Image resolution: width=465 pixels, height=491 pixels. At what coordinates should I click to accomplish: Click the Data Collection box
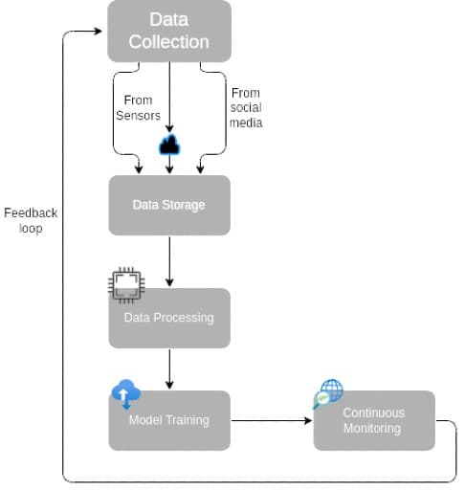pyautogui.click(x=168, y=31)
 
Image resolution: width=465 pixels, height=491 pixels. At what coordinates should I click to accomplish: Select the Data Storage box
pyautogui.click(x=168, y=205)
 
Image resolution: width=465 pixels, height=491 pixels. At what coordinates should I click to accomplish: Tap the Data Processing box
pyautogui.click(x=169, y=319)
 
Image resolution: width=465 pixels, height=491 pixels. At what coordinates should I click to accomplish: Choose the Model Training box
pyautogui.click(x=169, y=421)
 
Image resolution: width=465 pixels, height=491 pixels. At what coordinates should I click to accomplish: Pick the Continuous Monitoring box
pyautogui.click(x=374, y=421)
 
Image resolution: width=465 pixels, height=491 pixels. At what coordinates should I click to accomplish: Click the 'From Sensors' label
pyautogui.click(x=137, y=107)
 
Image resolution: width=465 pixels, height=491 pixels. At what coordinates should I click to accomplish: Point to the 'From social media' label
pyautogui.click(x=246, y=107)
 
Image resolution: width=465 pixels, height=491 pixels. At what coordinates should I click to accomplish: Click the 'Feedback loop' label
pyautogui.click(x=31, y=220)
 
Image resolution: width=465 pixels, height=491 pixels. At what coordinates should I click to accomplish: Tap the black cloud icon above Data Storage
pyautogui.click(x=169, y=145)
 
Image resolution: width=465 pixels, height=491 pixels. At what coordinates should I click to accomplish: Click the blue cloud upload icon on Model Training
pyautogui.click(x=125, y=392)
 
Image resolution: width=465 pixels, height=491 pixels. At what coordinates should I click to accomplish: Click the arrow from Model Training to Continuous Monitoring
pyautogui.click(x=272, y=420)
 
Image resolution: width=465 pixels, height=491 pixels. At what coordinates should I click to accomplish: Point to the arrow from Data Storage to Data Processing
pyautogui.click(x=169, y=260)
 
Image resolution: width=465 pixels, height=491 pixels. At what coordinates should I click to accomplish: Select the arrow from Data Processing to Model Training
pyautogui.click(x=169, y=368)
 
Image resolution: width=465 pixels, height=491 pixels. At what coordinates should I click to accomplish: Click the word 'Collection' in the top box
pyautogui.click(x=169, y=42)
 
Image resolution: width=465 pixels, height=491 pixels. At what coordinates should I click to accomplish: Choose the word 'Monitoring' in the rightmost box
pyautogui.click(x=374, y=428)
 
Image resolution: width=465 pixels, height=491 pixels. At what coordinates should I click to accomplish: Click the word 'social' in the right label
pyautogui.click(x=246, y=107)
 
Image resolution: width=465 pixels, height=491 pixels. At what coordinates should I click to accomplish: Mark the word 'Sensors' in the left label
pyautogui.click(x=137, y=115)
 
